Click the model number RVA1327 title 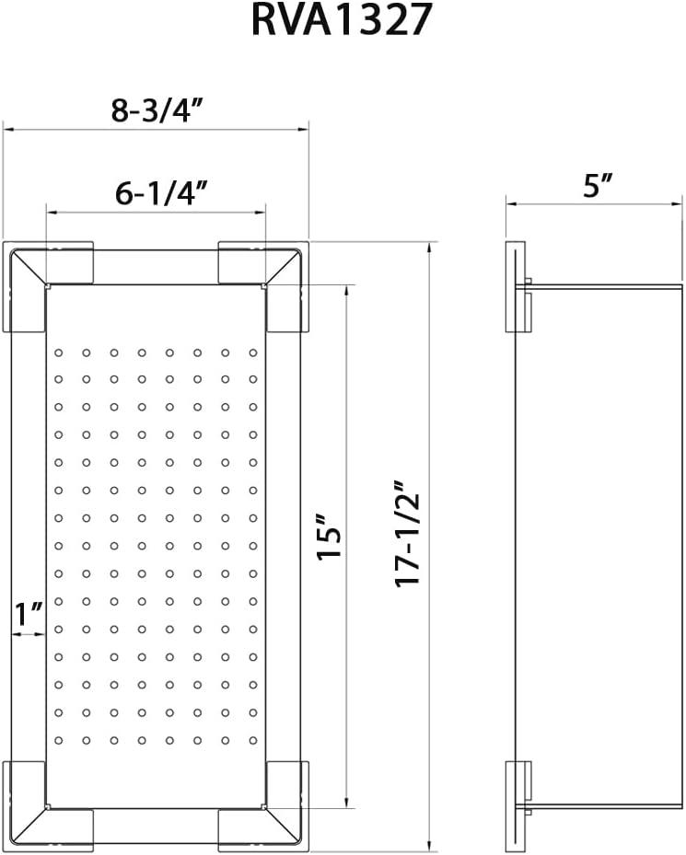tap(342, 20)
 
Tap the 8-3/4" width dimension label tap(157, 110)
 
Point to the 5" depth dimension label tap(598, 186)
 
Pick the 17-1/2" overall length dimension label tap(408, 535)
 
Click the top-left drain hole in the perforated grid tap(58, 352)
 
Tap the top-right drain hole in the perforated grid tap(253, 352)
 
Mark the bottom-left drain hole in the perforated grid tap(58, 740)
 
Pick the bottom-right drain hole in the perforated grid tap(253, 740)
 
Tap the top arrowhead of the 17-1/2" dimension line tap(429, 247)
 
